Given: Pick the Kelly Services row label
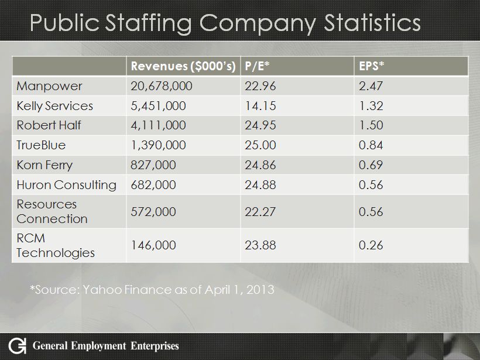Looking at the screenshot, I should tap(54, 107).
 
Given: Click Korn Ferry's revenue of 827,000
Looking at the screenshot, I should tap(150, 164).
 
